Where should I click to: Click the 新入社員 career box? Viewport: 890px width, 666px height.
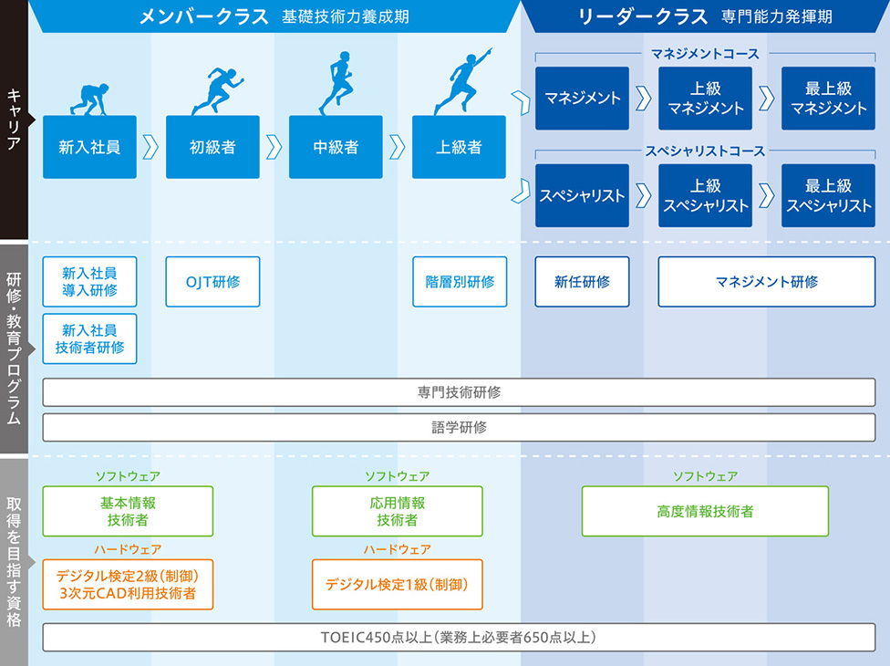point(89,147)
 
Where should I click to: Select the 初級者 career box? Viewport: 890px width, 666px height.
point(212,147)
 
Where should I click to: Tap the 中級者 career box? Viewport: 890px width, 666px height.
point(336,147)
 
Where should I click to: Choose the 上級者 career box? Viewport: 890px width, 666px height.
point(459,147)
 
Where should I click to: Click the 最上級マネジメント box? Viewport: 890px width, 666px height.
point(828,99)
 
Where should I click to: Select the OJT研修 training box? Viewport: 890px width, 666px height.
point(212,282)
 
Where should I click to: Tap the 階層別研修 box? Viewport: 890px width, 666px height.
point(459,282)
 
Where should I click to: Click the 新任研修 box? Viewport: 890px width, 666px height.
point(582,282)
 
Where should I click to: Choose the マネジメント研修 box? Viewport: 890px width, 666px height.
point(766,282)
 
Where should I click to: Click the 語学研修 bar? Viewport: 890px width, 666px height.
point(459,427)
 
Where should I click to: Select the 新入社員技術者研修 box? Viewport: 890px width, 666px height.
point(89,339)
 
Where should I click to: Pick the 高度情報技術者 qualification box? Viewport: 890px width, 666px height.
point(705,512)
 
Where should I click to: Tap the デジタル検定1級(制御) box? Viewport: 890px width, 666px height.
point(397,584)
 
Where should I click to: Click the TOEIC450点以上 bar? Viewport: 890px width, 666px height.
point(459,637)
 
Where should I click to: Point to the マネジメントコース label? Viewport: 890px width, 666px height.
point(705,54)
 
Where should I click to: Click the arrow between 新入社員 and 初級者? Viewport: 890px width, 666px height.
point(151,147)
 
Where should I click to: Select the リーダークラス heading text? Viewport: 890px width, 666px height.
point(644,16)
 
